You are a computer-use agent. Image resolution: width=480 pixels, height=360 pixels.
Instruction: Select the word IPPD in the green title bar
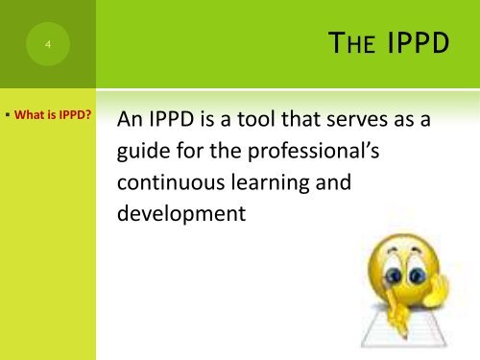tap(411, 45)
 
